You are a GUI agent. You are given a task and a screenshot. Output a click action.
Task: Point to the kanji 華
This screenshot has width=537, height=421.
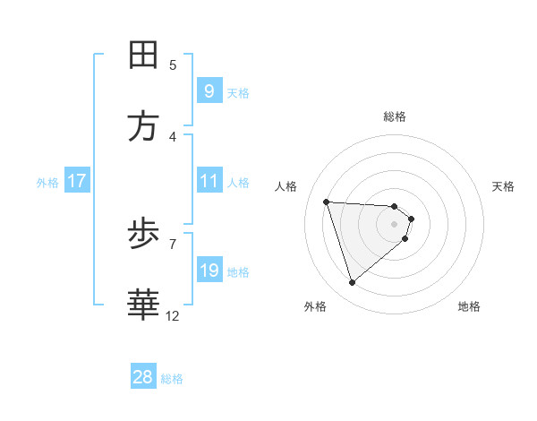tap(144, 305)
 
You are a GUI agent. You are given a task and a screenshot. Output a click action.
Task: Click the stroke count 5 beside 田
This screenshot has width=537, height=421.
tap(173, 64)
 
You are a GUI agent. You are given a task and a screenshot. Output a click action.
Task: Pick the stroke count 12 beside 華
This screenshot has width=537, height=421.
tap(173, 315)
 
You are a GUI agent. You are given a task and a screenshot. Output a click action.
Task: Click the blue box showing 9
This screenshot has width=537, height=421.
tap(209, 90)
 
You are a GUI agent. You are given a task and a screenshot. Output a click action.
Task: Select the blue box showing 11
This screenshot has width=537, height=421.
tap(209, 181)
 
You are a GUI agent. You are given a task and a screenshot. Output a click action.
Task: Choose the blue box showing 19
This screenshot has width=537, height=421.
tap(209, 271)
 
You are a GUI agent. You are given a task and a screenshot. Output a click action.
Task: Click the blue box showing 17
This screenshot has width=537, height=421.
tap(77, 181)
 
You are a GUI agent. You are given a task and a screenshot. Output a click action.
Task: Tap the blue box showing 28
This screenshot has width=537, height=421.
tap(143, 377)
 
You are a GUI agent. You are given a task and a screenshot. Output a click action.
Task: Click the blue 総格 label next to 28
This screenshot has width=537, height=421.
tap(172, 379)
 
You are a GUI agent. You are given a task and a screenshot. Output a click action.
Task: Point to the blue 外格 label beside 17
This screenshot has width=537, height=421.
tap(47, 183)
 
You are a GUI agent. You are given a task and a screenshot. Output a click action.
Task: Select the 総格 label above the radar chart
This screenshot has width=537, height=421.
tap(395, 116)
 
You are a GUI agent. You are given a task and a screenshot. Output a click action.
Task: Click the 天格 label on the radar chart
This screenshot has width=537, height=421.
tap(504, 186)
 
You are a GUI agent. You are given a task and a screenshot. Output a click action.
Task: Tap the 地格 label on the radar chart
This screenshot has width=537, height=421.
tap(469, 306)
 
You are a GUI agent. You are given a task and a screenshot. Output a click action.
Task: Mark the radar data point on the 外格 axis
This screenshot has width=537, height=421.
tap(352, 283)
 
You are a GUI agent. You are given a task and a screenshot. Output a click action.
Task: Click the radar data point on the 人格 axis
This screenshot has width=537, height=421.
tap(327, 202)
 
